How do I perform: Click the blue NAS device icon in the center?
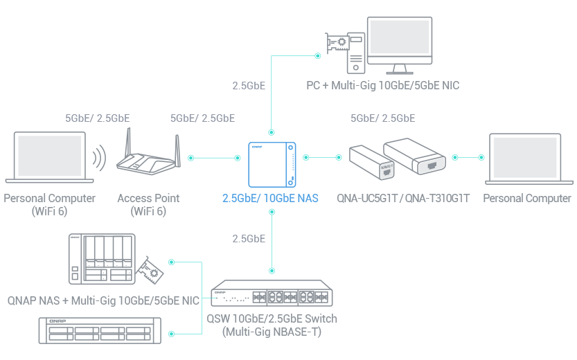(x=272, y=163)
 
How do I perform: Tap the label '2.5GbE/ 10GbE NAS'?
(x=270, y=198)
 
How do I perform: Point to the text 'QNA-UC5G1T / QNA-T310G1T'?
(x=404, y=198)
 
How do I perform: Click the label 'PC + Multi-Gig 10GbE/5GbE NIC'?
(x=383, y=86)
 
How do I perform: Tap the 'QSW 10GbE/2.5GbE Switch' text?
(x=272, y=319)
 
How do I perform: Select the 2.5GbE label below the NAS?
(x=249, y=239)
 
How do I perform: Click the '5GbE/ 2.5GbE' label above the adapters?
(x=383, y=118)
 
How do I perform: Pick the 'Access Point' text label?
(x=148, y=198)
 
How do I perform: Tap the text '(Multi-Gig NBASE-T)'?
(x=272, y=332)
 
